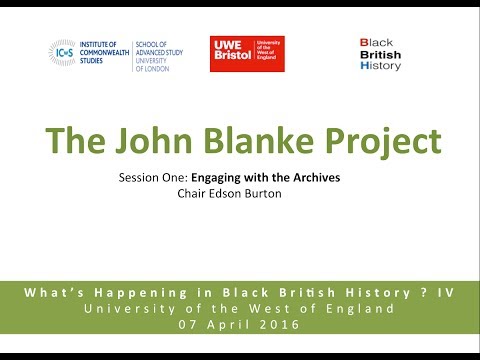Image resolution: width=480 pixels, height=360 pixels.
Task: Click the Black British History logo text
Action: point(379,55)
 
